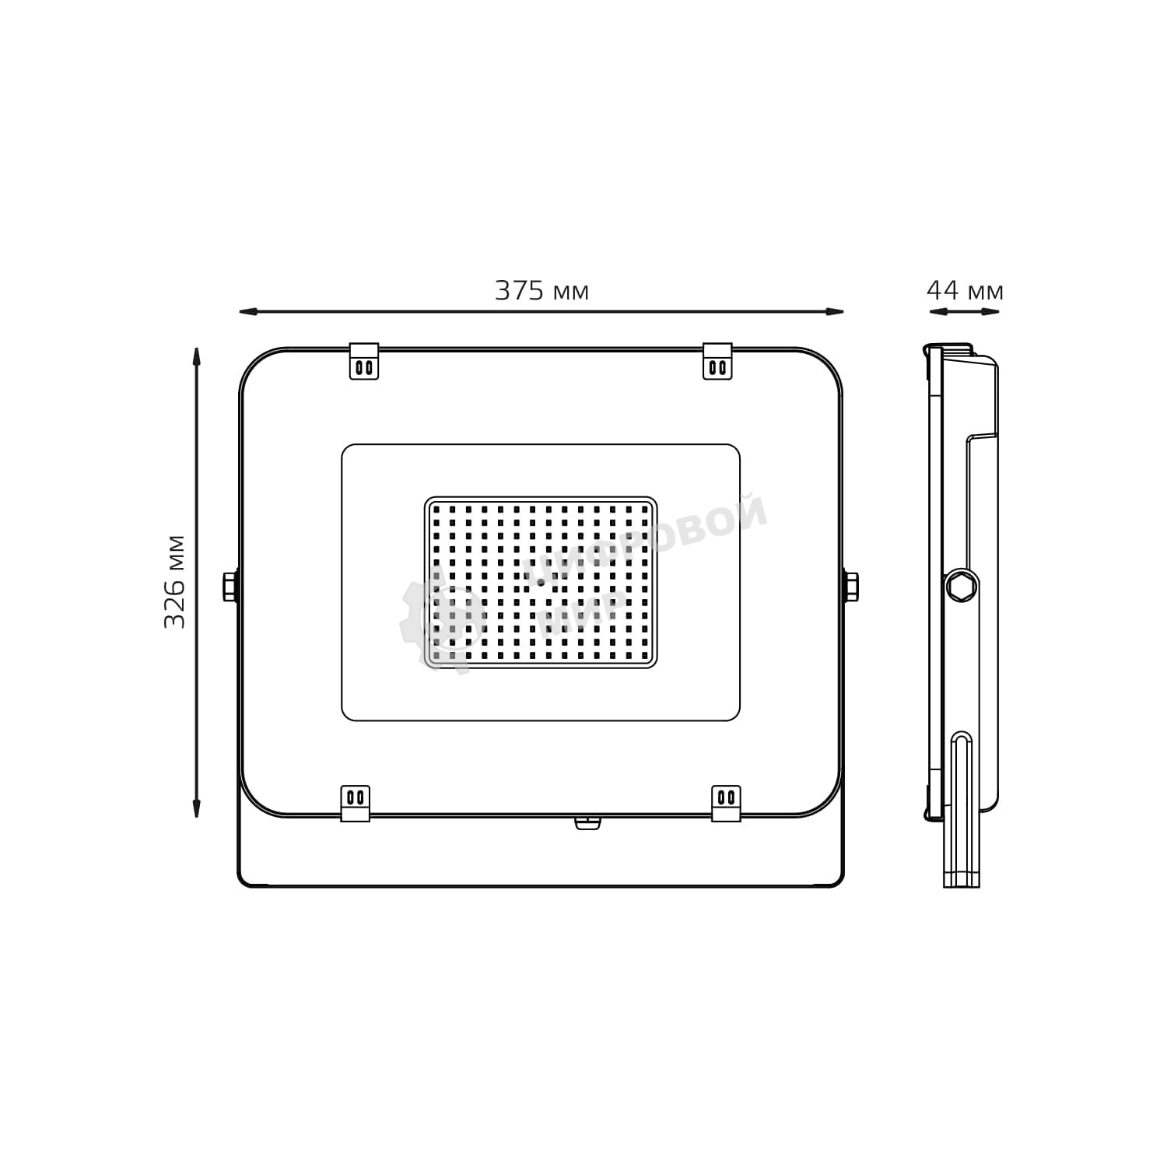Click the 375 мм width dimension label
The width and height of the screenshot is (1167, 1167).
(x=542, y=291)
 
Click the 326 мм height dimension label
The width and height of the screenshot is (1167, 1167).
(x=175, y=581)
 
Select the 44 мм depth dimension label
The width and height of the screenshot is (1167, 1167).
(x=965, y=291)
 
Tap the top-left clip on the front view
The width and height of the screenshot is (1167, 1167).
(x=364, y=361)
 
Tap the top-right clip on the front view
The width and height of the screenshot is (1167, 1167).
(x=717, y=361)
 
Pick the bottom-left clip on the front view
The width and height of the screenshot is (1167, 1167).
(x=356, y=803)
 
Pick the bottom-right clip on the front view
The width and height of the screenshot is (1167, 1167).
(x=726, y=803)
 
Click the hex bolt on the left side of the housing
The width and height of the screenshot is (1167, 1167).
(x=230, y=586)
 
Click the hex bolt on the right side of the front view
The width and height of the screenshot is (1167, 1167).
(x=851, y=586)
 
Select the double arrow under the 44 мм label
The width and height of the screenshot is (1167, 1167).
(x=965, y=312)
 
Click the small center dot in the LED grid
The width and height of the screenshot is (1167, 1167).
(x=541, y=582)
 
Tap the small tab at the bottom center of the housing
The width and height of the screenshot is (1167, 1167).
(x=587, y=822)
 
